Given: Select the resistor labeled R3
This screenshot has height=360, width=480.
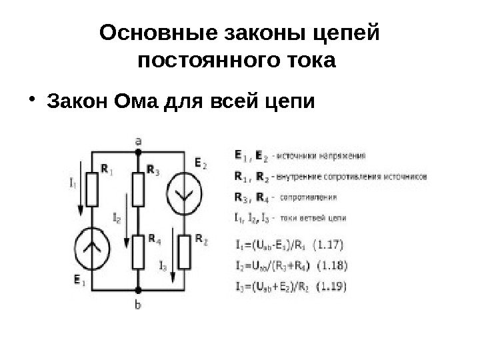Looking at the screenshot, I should pos(138,189).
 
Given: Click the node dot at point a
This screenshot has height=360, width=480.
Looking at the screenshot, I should pos(138,152).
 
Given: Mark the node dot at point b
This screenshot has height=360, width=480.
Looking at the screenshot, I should pos(138,291).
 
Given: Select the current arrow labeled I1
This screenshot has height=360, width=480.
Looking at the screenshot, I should pos(81,190).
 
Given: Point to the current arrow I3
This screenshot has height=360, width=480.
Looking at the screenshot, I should pos(173,257).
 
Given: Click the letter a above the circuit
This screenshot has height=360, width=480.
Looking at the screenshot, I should pos(138,141).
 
